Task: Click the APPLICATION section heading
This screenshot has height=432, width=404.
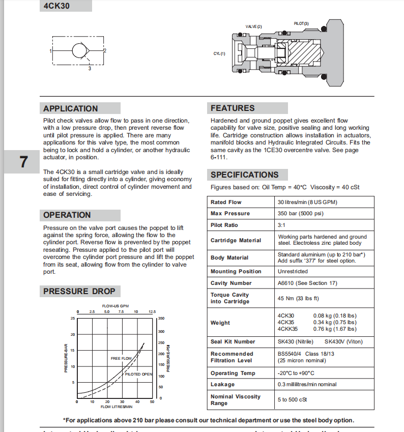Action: point(70,108)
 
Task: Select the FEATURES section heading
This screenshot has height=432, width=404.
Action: point(233,108)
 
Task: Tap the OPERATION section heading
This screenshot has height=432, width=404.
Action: point(67,215)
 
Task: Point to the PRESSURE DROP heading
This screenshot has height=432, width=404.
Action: point(79,291)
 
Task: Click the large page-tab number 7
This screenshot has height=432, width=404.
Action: point(24,162)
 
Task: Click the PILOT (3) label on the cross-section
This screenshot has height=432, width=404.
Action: point(301,23)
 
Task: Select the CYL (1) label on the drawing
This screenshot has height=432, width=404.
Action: point(219,53)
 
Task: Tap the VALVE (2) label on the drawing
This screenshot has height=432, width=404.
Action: point(253,26)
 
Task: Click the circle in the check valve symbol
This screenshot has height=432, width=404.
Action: point(79,51)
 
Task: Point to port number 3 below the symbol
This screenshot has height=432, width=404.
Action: point(90,68)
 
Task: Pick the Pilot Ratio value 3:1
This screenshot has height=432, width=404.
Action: point(281,225)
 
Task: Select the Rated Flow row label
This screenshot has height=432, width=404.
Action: point(226,202)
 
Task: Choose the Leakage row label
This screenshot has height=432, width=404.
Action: point(222,385)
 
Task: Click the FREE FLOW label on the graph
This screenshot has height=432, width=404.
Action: point(121,358)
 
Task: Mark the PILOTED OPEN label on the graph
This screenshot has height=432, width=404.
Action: point(139,374)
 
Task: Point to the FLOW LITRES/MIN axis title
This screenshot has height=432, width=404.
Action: point(117,407)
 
